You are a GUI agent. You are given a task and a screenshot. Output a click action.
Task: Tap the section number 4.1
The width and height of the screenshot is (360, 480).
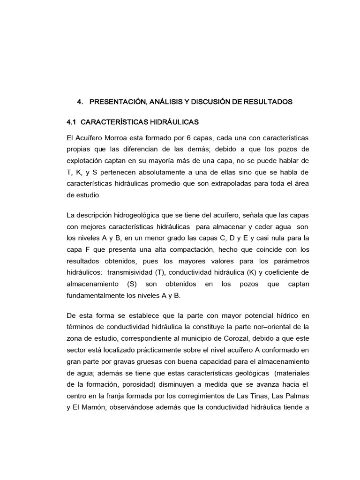click(72, 122)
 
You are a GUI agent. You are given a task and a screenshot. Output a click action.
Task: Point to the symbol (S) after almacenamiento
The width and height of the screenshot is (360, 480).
click(135, 284)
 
